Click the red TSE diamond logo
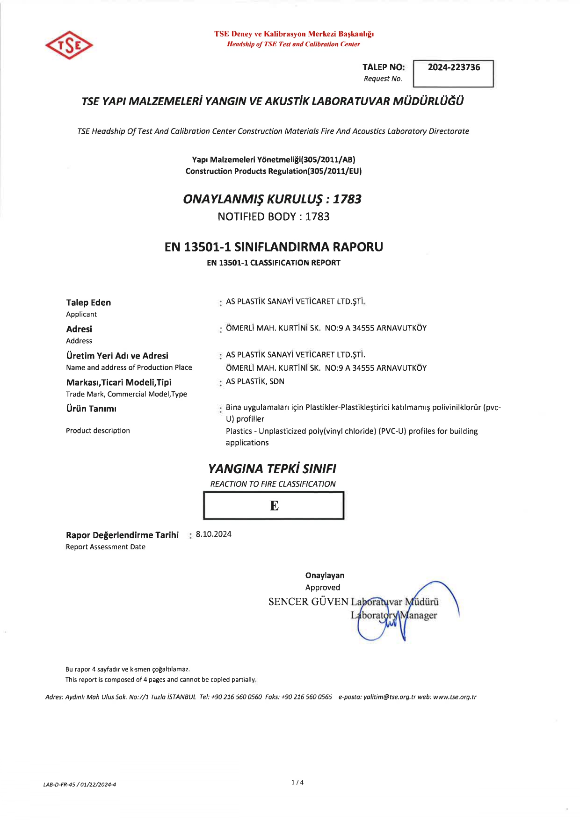click(x=69, y=45)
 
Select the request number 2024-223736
click(x=454, y=67)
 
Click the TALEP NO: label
click(x=384, y=67)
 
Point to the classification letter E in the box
click(x=274, y=506)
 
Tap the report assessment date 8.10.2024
click(x=214, y=534)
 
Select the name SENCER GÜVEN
click(x=308, y=602)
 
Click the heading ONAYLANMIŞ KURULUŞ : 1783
click(x=272, y=199)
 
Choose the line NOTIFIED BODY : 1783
click(x=274, y=216)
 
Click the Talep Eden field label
click(x=88, y=302)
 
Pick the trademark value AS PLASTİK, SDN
click(x=255, y=381)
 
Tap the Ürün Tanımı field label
click(x=91, y=409)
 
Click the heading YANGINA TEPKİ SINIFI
click(x=272, y=468)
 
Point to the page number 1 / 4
click(x=297, y=783)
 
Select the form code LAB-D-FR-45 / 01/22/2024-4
click(x=80, y=785)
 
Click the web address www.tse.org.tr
click(x=455, y=697)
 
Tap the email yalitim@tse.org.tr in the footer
click(x=389, y=697)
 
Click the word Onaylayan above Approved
click(x=325, y=575)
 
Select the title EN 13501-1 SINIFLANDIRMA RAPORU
click(x=274, y=247)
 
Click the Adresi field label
click(x=79, y=329)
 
